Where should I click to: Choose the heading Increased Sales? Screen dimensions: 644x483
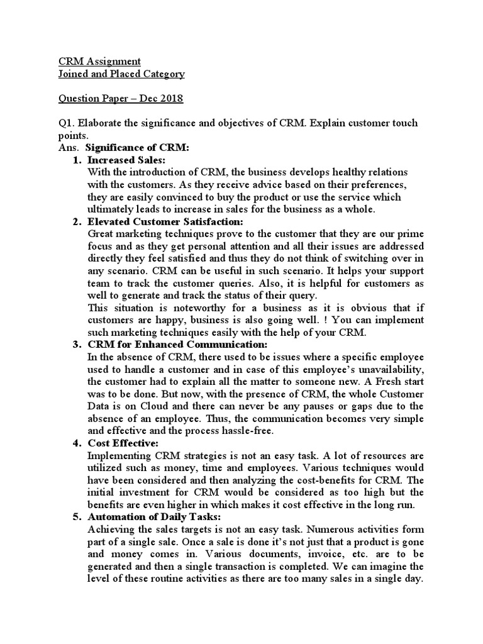126,160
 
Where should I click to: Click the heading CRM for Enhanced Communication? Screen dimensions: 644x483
177,345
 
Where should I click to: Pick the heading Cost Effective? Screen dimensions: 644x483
123,443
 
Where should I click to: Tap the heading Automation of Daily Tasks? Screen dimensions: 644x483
154,517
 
